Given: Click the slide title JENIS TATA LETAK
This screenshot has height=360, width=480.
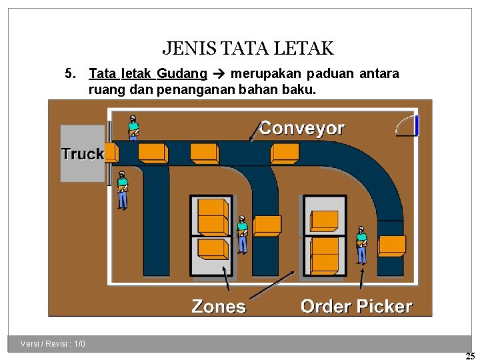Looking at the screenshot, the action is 248,49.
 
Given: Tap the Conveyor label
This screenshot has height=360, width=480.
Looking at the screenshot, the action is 301,128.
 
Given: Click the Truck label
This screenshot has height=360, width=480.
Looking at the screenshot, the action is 82,154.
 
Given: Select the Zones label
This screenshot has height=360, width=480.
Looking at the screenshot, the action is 219,307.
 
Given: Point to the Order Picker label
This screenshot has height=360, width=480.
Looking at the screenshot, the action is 356,307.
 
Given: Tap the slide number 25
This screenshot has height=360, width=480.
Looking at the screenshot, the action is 470,356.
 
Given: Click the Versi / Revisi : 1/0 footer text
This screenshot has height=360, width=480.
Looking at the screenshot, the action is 53,344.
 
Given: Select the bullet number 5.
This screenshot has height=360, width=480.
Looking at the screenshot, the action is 69,73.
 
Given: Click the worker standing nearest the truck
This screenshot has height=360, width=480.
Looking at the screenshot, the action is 122,190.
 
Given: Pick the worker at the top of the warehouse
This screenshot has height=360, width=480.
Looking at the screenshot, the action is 133,127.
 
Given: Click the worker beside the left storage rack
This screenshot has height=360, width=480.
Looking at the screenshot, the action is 242,234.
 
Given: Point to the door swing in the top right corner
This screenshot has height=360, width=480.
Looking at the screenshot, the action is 407,125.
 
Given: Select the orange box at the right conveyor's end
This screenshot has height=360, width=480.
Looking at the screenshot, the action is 391,246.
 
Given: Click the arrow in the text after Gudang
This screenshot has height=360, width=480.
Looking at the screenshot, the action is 219,73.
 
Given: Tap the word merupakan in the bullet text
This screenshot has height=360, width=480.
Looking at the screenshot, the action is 261,73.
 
